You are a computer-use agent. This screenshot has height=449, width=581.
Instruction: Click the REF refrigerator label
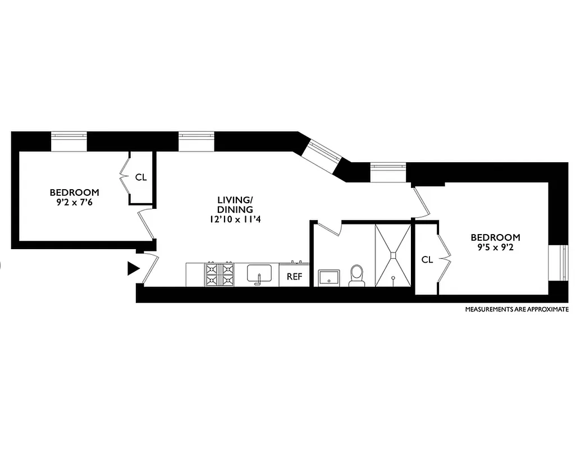click(x=294, y=276)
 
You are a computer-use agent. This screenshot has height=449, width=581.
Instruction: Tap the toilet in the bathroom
click(x=356, y=276)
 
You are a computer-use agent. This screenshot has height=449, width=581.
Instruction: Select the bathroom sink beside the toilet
click(x=328, y=277)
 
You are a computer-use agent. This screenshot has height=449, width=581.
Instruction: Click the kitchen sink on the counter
click(x=259, y=274)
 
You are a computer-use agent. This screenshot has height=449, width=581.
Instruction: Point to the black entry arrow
click(x=133, y=269)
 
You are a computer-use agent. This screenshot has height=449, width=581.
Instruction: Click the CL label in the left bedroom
click(x=140, y=177)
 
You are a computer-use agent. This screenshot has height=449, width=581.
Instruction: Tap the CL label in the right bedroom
click(x=427, y=260)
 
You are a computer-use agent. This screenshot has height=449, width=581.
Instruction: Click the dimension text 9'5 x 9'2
click(x=495, y=248)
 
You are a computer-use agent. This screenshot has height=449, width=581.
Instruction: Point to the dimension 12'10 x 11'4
click(x=235, y=219)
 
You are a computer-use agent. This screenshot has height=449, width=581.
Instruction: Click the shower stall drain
click(x=394, y=255)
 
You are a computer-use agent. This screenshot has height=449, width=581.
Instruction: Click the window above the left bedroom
click(x=69, y=141)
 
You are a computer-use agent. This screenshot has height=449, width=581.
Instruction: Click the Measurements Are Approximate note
click(x=516, y=309)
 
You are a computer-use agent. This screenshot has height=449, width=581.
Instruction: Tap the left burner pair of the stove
click(x=213, y=274)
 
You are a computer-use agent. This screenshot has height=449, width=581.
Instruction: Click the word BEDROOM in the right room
click(x=495, y=237)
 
